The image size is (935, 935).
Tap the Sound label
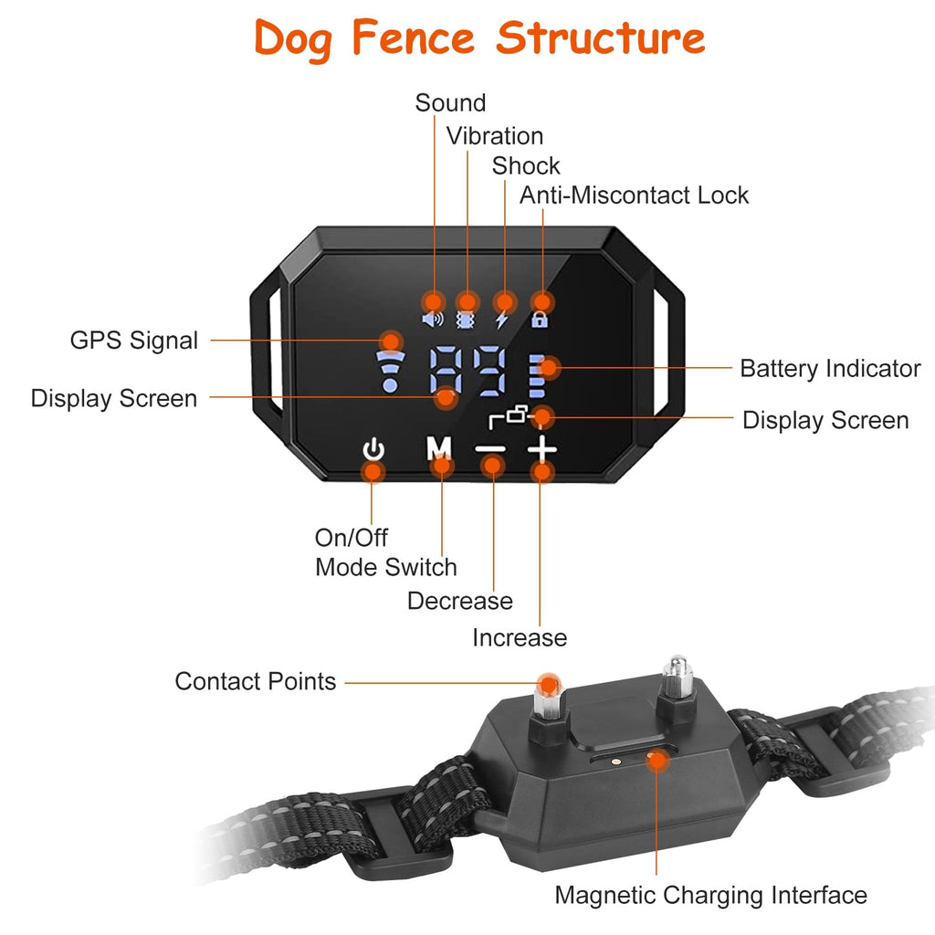point(450,103)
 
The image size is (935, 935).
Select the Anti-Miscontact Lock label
point(634,194)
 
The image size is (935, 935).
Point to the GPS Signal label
point(133,341)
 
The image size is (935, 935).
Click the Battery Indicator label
point(830,369)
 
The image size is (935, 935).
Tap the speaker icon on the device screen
point(432,320)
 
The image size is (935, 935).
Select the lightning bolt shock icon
point(502,320)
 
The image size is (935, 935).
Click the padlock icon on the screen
point(541,320)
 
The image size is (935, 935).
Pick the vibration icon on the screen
point(467,320)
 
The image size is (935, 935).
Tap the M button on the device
point(440,448)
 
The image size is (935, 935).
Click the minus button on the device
point(491,449)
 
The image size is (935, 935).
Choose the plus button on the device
point(541,448)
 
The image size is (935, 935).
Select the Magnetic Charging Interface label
point(710,896)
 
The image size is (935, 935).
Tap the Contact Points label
point(256,681)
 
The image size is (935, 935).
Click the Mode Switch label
point(386,567)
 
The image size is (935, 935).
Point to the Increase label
point(520,637)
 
